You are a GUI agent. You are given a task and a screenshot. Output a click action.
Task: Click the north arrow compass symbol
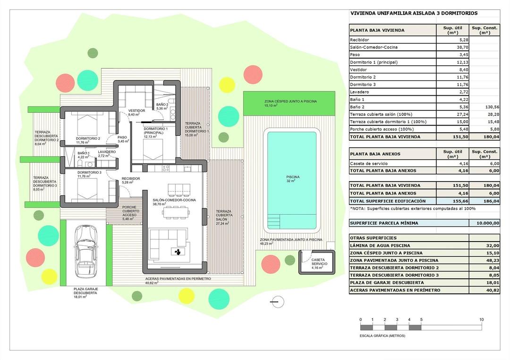pos(277,301)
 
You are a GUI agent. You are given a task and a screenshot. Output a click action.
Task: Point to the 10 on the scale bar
pos(481,319)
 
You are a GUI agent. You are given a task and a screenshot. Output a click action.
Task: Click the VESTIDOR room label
pos(136,111)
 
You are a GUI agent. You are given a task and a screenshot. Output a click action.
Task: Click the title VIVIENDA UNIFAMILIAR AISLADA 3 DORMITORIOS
pos(414,14)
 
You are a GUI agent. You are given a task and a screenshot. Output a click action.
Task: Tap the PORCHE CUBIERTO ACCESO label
pos(129,213)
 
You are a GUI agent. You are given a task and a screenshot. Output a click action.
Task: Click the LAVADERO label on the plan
pos(107,152)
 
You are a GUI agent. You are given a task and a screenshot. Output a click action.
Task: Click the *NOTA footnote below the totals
pos(412,208)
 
